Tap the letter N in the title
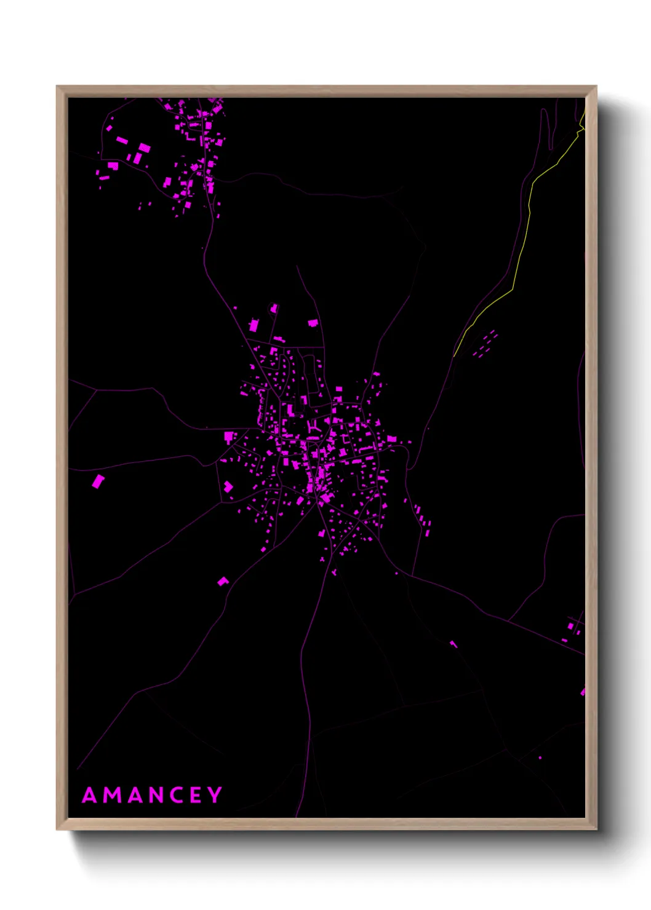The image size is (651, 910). pos(158,796)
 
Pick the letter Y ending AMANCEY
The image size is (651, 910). pos(215,795)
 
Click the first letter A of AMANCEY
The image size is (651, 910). pos(90,796)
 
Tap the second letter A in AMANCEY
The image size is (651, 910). pos(135,796)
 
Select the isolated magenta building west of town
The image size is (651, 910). pos(98,481)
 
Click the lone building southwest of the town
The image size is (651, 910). pos(223,581)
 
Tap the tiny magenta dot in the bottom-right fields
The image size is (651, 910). pos(540,758)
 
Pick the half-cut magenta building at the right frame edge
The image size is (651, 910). pos(583,692)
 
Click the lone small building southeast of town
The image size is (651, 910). pos(453,644)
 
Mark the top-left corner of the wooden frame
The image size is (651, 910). pos(58,87)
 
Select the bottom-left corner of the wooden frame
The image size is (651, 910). pos(58,829)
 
